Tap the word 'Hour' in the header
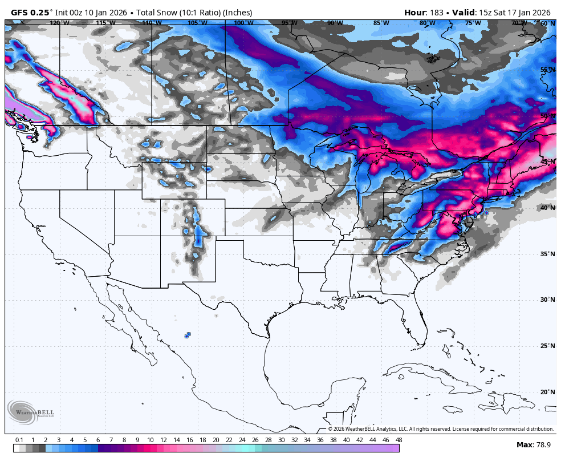pyautogui.click(x=415, y=13)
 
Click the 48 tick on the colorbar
pyautogui.click(x=399, y=440)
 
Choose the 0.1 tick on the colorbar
pyautogui.click(x=19, y=440)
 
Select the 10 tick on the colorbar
pyautogui.click(x=150, y=440)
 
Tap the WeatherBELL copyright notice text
pyautogui.click(x=440, y=429)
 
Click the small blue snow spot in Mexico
pyautogui.click(x=188, y=335)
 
